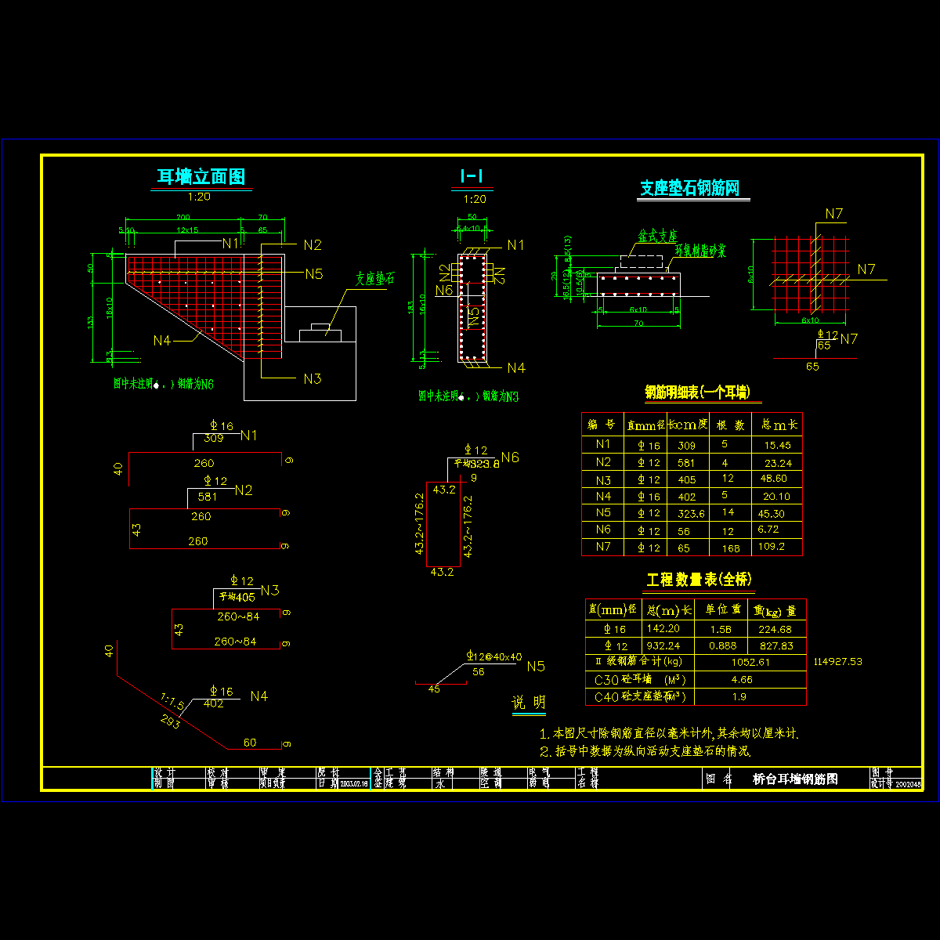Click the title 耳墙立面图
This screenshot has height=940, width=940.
201,177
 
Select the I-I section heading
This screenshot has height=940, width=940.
472,177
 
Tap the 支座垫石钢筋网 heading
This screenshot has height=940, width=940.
689,188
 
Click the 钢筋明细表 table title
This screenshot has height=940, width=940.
696,392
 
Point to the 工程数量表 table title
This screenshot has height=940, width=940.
699,580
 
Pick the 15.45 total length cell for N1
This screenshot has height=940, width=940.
777,445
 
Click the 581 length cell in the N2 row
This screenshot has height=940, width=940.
686,463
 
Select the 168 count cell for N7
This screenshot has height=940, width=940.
730,548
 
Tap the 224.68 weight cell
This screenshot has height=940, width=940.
775,629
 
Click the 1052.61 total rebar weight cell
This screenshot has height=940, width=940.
750,662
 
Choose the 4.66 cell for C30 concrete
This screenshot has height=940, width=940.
741,680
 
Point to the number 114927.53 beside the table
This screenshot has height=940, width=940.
837,662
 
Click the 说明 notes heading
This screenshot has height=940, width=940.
529,703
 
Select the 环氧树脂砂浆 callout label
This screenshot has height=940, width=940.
700,251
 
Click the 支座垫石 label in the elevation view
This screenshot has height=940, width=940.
374,279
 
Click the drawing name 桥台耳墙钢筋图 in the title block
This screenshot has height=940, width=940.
795,779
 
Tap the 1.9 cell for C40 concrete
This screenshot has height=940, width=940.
739,696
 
